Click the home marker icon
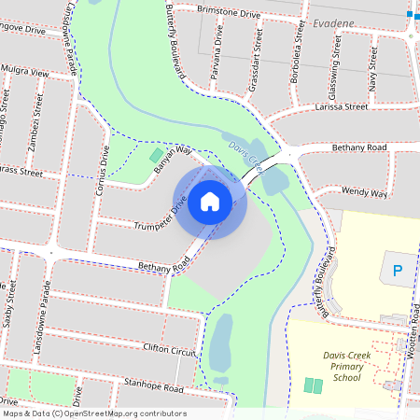210,201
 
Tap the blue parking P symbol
398,272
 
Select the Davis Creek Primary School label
346,367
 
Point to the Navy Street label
373,71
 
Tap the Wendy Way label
364,192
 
